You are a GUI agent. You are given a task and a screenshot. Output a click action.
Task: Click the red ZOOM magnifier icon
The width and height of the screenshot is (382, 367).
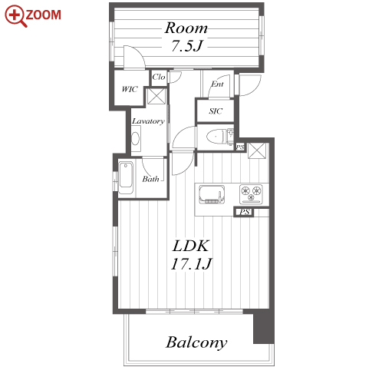pos(16,15)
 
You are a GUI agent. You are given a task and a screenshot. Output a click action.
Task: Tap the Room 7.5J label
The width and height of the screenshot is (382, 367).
pos(186,37)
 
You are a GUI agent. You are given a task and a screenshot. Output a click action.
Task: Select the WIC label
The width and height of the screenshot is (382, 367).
pos(130,89)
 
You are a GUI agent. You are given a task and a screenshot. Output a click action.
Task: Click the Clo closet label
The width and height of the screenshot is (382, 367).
pos(159,77)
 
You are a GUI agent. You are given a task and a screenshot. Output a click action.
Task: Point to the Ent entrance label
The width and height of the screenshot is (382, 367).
pos(217,84)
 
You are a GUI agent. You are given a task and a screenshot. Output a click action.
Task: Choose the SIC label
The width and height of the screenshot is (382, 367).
pos(216,111)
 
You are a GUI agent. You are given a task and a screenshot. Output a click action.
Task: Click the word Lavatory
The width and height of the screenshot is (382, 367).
pos(148,121)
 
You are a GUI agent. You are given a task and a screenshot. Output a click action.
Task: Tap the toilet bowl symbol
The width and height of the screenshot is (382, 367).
pos(216,137)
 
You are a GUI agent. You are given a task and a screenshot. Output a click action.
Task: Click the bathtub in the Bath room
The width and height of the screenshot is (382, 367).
pos(126,177)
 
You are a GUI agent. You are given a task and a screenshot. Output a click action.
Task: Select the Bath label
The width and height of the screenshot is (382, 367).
pos(150,179)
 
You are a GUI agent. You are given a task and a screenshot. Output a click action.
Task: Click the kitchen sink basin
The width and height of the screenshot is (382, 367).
pos(212,194)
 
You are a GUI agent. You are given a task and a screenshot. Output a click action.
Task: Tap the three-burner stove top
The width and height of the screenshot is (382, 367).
pos(251,194)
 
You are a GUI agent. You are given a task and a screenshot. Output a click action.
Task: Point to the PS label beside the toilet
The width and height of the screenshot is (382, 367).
pos(240,147)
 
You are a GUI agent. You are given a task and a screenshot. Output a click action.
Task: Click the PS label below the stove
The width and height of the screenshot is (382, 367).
pos(244,212)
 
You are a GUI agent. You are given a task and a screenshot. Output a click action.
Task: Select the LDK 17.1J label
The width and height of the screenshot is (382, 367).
pos(192,255)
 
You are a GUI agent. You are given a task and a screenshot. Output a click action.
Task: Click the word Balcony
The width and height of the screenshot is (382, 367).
pos(196,342)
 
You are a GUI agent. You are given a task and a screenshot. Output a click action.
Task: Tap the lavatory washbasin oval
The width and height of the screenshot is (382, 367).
pos(135,139)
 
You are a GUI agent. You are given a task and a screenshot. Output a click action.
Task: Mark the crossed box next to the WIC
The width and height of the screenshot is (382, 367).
pos(156,96)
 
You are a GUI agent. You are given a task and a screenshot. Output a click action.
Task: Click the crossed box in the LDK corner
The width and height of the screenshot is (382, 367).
pos(257,150)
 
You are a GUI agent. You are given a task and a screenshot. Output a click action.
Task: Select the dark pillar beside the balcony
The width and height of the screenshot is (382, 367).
pos(264,327)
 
